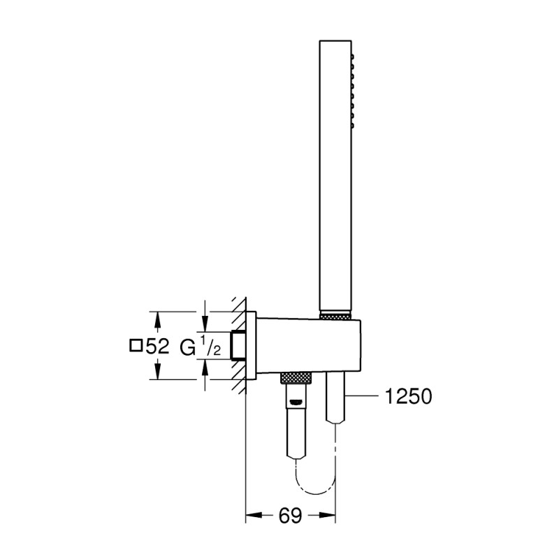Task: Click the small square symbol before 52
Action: [x=136, y=345]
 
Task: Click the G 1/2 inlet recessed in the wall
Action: [x=238, y=345]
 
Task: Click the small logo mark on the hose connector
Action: [x=297, y=402]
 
